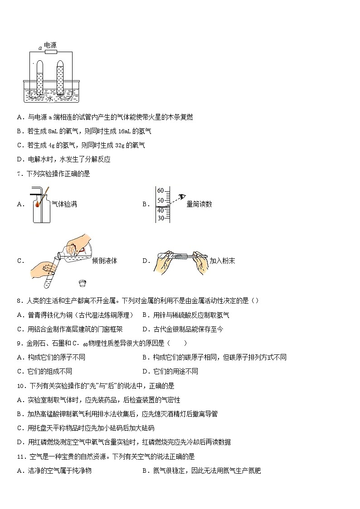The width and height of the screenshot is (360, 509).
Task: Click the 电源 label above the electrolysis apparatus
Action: coord(50,46)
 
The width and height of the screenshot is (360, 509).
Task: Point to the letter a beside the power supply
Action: coord(40,48)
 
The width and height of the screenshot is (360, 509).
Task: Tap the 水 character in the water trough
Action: coord(50,98)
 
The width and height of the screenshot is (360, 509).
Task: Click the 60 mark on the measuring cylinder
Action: coord(160,191)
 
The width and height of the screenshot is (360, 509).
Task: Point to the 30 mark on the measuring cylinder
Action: coord(160,218)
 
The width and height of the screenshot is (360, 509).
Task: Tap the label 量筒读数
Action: coord(199,204)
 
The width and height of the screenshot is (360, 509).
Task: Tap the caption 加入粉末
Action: coord(222,261)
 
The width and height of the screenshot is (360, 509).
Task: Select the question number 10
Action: coord(20,386)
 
